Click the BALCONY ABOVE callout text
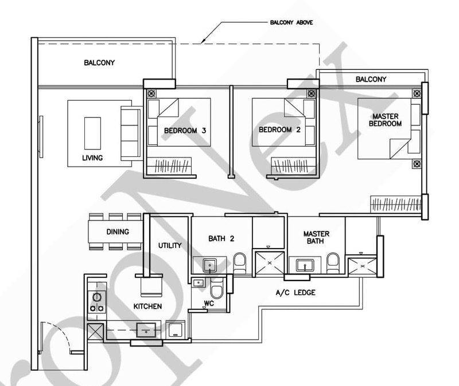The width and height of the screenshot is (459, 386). point(291,22)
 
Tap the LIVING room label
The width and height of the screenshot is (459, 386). point(92,158)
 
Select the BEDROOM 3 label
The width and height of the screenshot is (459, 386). point(185,131)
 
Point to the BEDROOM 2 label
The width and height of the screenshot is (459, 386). point(279,130)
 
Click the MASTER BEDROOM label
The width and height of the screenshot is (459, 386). point(385,120)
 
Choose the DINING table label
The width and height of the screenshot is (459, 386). point(118,232)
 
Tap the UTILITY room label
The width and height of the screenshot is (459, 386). point(170,246)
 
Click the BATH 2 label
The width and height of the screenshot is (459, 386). point(221,239)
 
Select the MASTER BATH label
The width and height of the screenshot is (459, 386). point(316,238)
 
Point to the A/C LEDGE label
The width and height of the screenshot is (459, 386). point(295,293)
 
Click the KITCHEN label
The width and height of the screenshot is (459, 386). point(147,306)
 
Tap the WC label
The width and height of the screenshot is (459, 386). point(209,304)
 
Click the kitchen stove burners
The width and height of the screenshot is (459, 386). point(97,302)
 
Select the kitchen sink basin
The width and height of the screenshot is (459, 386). point(146,330)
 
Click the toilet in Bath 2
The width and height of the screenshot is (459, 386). point(240,263)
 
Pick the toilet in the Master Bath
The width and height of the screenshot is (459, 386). point(333,263)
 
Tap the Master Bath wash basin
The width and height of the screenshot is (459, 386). point(305,265)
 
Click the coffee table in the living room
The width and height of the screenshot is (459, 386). point(92,133)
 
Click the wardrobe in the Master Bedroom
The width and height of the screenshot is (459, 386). point(396,204)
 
